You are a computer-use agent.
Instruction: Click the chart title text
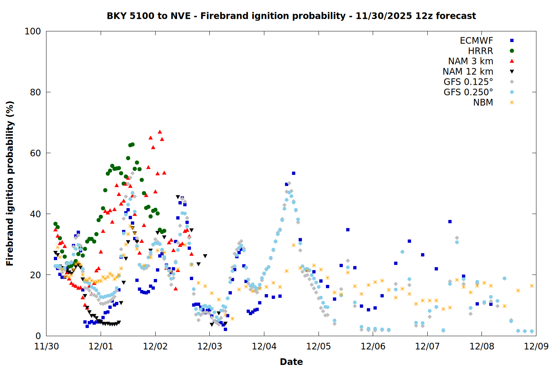tap(291, 16)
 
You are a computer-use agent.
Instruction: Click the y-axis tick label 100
tap(33, 31)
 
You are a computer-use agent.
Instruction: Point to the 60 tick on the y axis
tap(35, 153)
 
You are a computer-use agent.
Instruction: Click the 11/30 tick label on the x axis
tap(46, 346)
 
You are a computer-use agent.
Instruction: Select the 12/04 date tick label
tap(264, 346)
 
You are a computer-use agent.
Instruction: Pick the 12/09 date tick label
tap(536, 346)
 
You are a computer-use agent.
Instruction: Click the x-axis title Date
tap(291, 362)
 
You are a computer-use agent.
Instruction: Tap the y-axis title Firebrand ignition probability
tap(10, 183)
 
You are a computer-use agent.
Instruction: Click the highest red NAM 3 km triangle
tap(160, 132)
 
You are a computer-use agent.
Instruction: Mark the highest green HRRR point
tap(132, 144)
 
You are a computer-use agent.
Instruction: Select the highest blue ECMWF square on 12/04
tap(293, 173)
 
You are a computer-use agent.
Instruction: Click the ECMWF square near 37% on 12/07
tap(450, 221)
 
